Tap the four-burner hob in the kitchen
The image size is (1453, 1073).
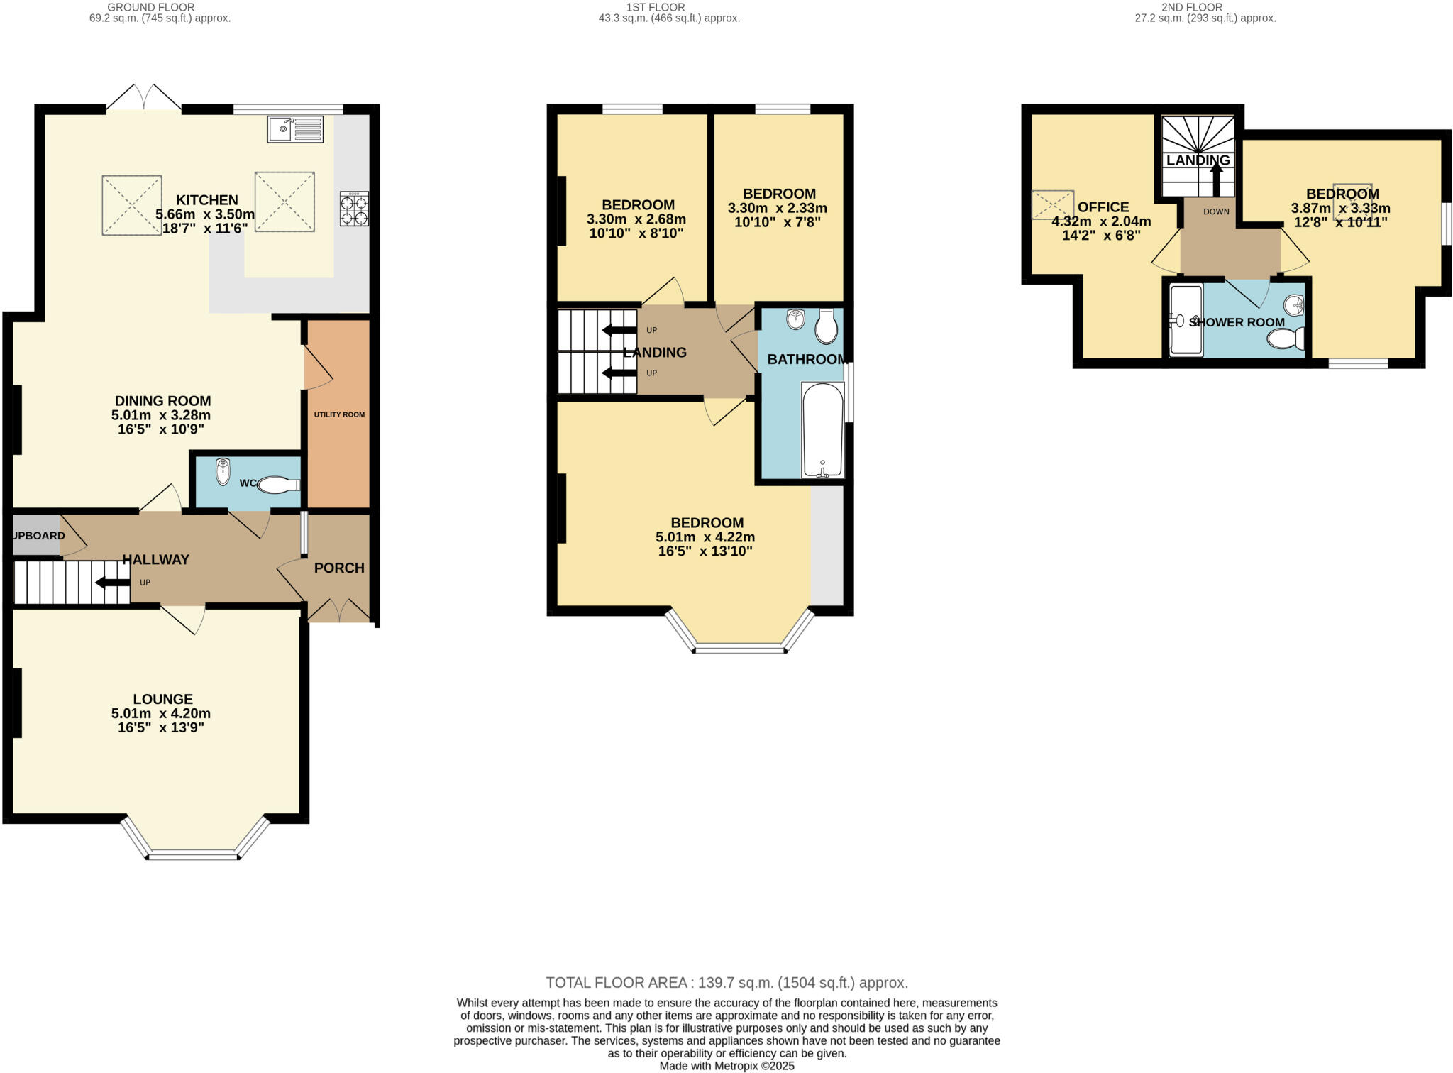pyautogui.click(x=354, y=209)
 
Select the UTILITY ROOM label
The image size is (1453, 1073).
pyautogui.click(x=339, y=414)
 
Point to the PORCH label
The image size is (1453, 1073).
pyautogui.click(x=339, y=568)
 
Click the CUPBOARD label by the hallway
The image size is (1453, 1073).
pyautogui.click(x=39, y=536)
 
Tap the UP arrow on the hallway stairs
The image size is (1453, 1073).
pyautogui.click(x=112, y=583)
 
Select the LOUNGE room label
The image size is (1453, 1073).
pyautogui.click(x=162, y=699)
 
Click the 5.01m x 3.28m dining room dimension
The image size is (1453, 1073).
pyautogui.click(x=161, y=415)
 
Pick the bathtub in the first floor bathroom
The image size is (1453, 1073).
pyautogui.click(x=823, y=430)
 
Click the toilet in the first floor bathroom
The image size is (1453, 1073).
pyautogui.click(x=827, y=327)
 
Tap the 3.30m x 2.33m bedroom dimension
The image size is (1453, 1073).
pyautogui.click(x=778, y=209)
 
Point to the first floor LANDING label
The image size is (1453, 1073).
pyautogui.click(x=655, y=353)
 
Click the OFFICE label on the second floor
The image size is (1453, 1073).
pyautogui.click(x=1103, y=207)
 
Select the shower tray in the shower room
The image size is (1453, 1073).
pyautogui.click(x=1186, y=320)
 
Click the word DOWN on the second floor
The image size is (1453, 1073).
pyautogui.click(x=1216, y=211)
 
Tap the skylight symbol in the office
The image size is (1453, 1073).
pyautogui.click(x=1053, y=204)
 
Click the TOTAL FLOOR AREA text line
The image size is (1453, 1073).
pyautogui.click(x=726, y=983)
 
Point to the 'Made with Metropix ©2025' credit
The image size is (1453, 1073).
pyautogui.click(x=726, y=1066)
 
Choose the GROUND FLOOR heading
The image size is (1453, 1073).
pyautogui.click(x=150, y=7)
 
